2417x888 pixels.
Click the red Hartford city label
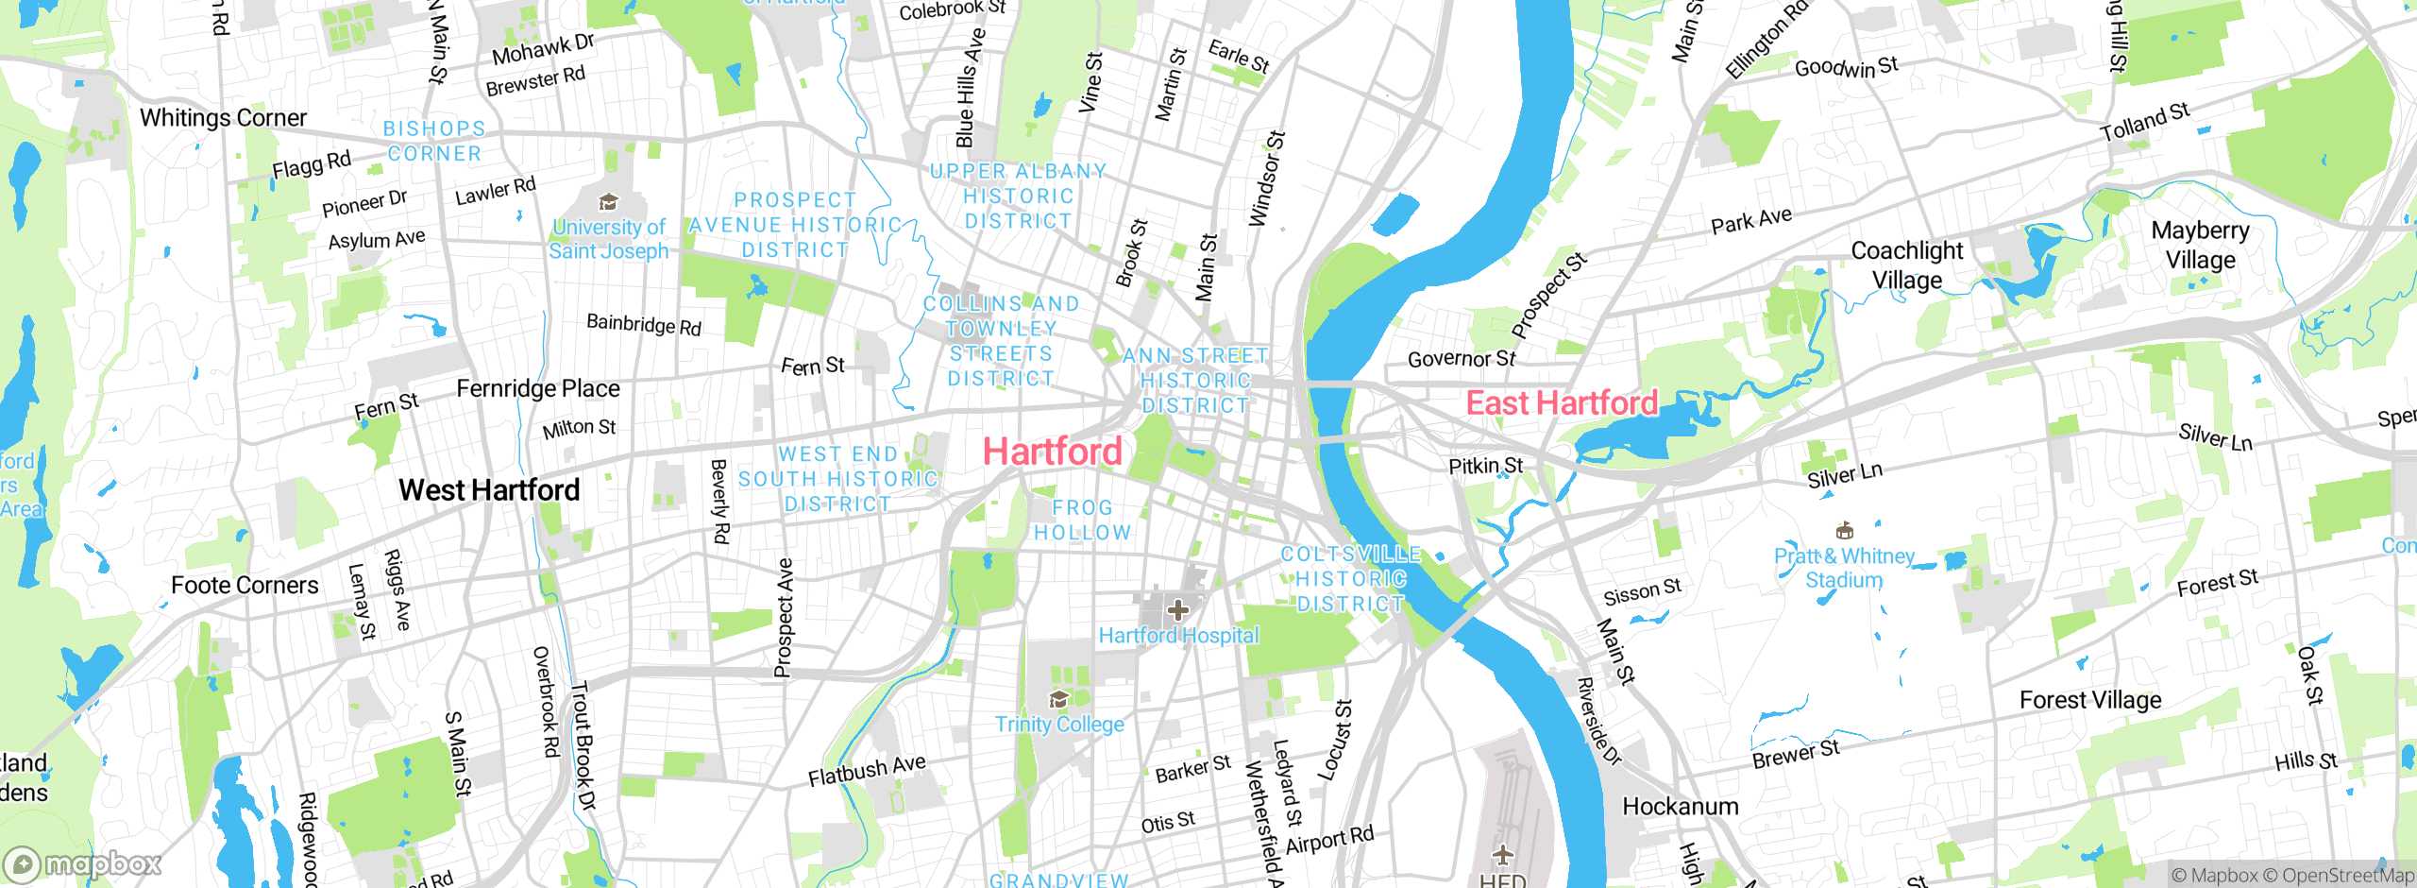(1052, 452)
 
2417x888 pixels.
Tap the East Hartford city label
(1562, 403)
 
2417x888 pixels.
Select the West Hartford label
(489, 490)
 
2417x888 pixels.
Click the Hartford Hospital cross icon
(1177, 610)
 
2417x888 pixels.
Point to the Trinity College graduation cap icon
(1059, 699)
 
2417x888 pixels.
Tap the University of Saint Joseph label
(609, 239)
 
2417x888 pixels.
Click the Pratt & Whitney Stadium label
(1844, 568)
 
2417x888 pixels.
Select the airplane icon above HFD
(1503, 856)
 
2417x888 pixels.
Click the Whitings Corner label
(224, 118)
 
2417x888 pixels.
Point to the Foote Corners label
(245, 586)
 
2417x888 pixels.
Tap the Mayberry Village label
(2200, 245)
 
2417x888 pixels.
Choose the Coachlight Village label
(1907, 265)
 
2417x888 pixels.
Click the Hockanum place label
(1680, 807)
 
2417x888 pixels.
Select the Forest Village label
(2090, 700)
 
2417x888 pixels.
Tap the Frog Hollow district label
(1082, 521)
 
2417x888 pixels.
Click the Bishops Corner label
(434, 141)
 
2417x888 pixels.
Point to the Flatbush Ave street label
(867, 771)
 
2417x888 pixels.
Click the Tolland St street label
(2144, 123)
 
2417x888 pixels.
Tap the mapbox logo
(82, 864)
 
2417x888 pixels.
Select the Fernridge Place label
(538, 389)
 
